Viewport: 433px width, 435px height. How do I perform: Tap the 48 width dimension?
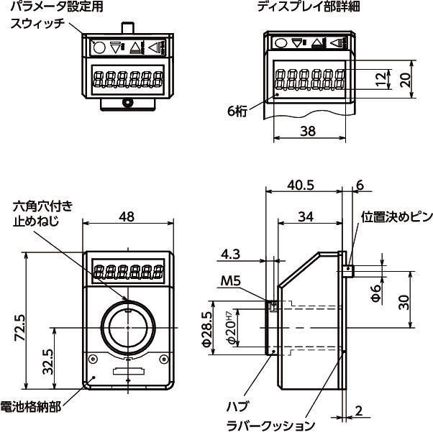click(127, 216)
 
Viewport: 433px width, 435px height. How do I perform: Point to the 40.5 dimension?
click(301, 185)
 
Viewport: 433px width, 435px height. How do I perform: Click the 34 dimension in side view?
click(306, 217)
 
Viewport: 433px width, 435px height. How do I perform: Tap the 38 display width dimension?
click(307, 132)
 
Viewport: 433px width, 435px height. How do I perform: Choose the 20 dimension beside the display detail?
click(407, 79)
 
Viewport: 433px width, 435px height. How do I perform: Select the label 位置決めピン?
click(396, 217)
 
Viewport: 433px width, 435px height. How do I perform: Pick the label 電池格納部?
click(30, 408)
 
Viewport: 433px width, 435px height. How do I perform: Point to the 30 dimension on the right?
click(405, 301)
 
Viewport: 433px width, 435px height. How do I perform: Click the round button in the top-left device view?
click(99, 47)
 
